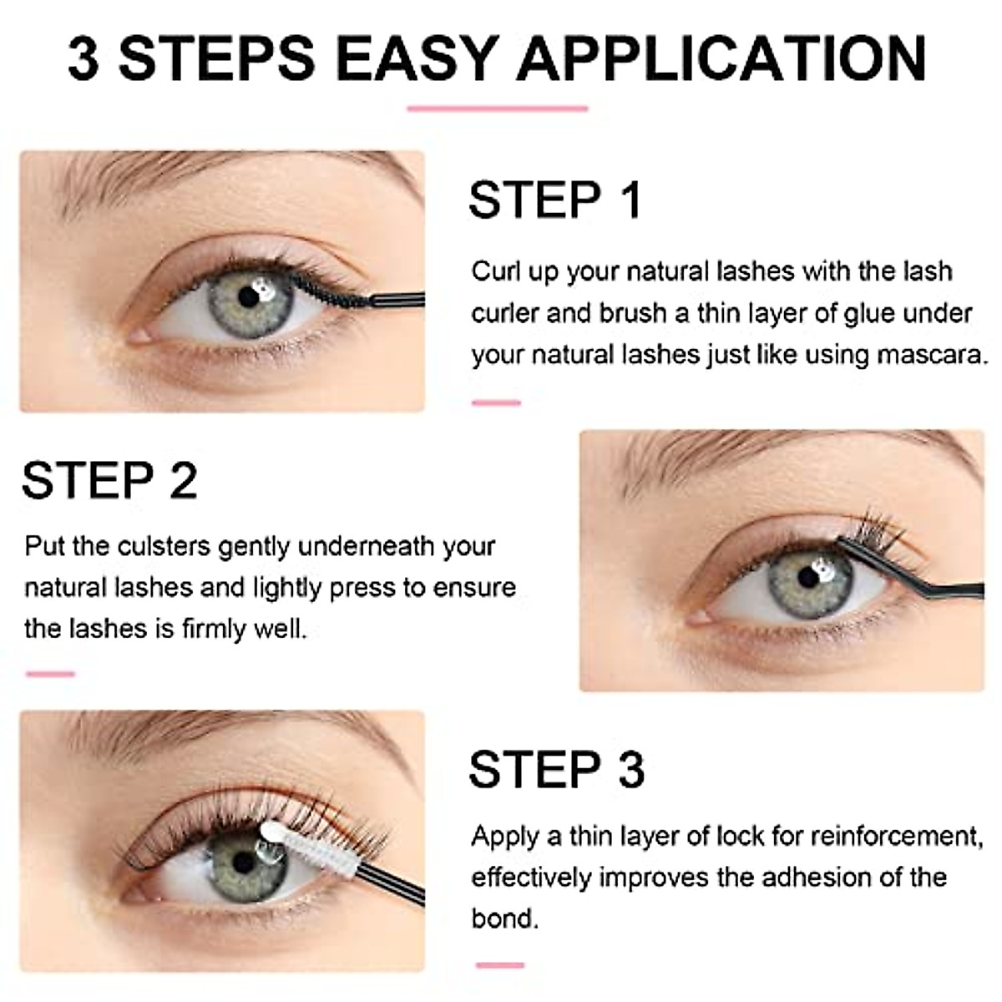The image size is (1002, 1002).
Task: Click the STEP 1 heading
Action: (555, 200)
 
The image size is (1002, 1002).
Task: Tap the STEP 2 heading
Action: (109, 481)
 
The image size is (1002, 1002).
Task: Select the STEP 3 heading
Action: (557, 770)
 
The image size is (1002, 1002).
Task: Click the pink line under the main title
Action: (498, 109)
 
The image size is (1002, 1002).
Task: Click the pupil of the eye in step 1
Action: (248, 296)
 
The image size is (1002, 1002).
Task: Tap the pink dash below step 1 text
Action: (496, 402)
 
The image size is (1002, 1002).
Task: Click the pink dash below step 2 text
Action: (50, 673)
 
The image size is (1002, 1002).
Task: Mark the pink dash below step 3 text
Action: (499, 965)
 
